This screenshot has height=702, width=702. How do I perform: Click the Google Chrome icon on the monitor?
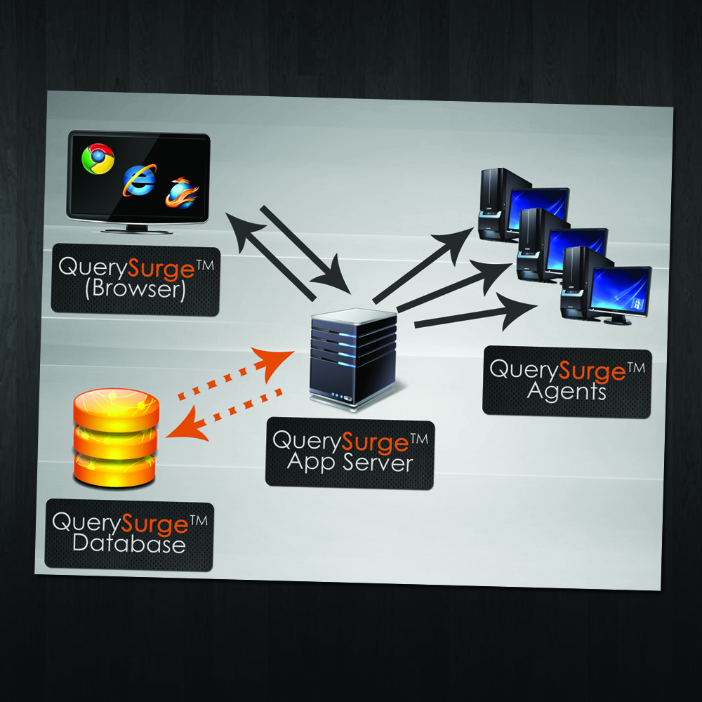click(98, 159)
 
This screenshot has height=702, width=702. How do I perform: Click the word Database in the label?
click(129, 544)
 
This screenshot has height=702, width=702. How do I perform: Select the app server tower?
click(353, 358)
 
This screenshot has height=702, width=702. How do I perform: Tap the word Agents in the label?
click(567, 390)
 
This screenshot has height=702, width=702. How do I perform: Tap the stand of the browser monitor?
click(138, 227)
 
